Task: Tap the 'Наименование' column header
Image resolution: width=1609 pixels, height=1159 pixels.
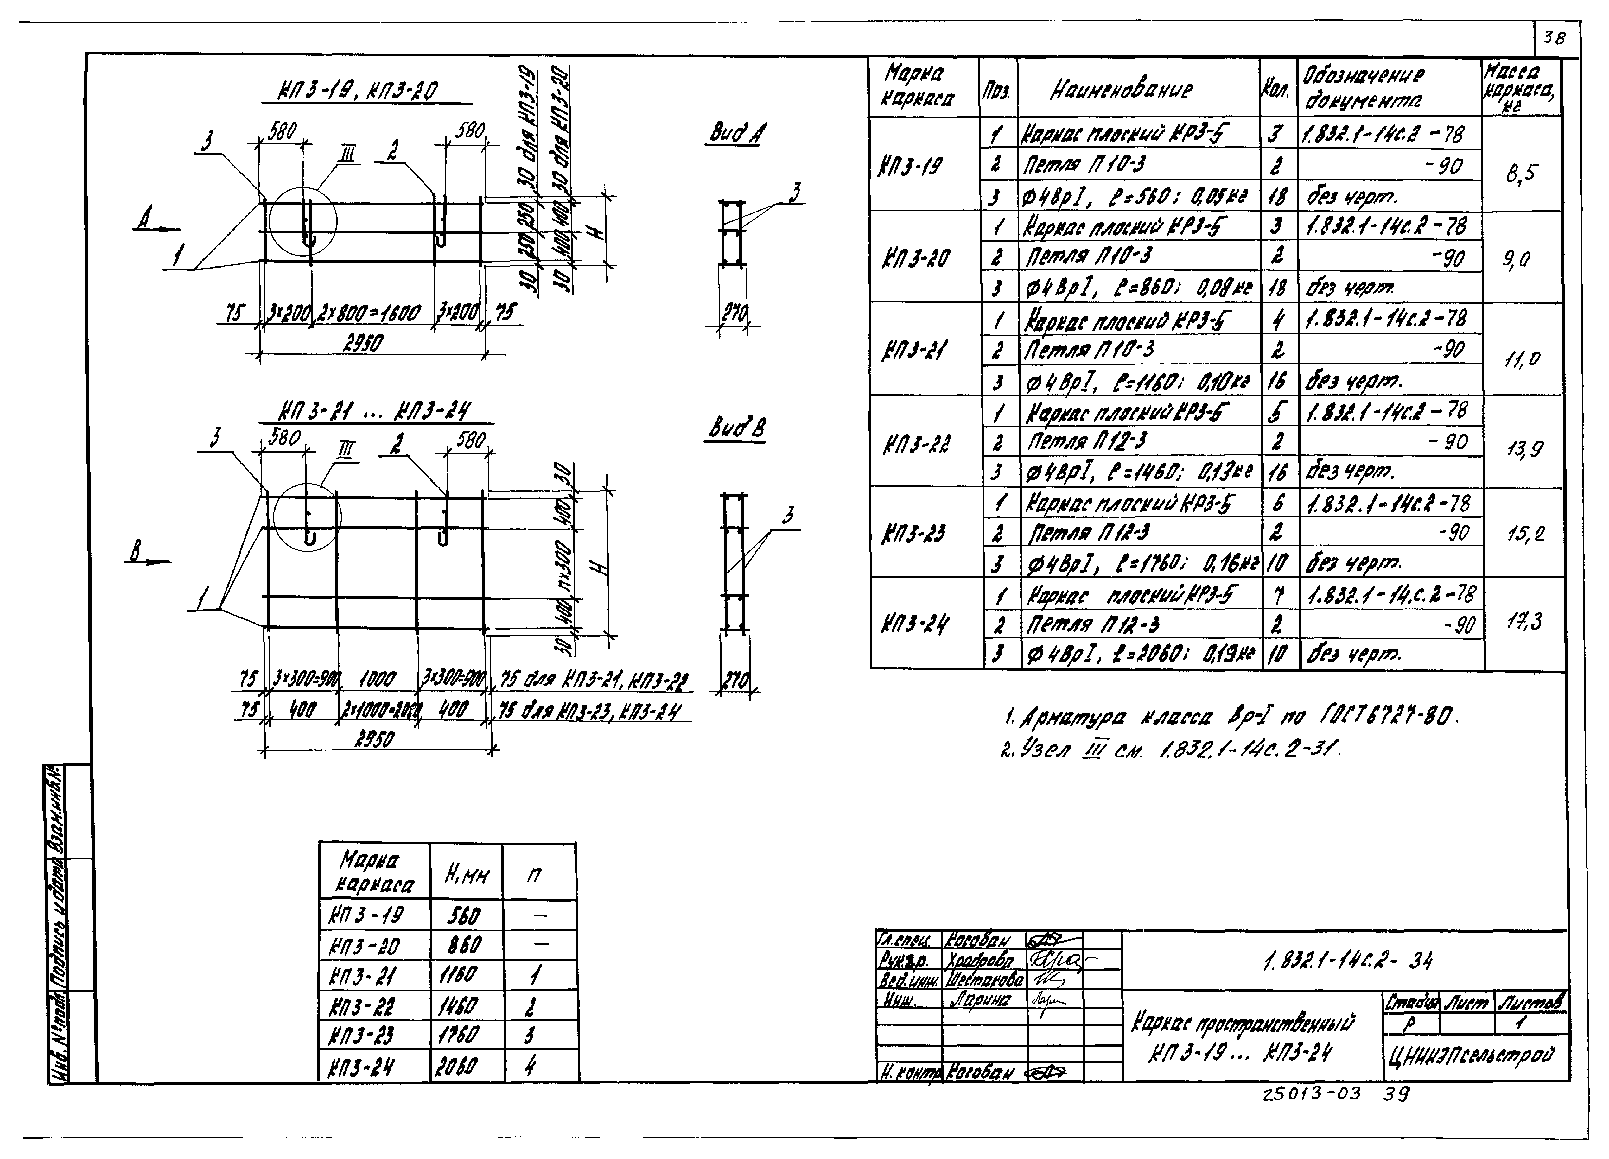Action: (x=1121, y=89)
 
